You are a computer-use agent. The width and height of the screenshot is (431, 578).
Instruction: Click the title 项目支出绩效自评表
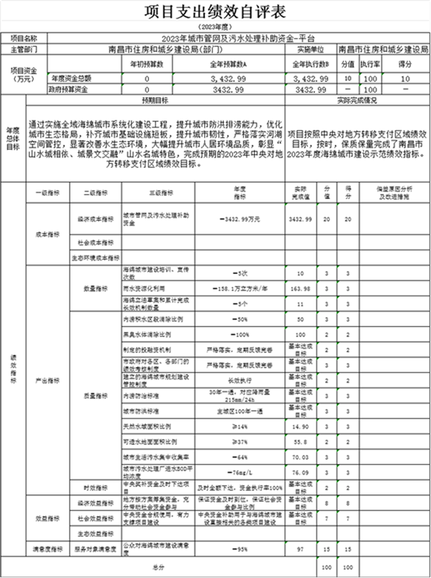pyautogui.click(x=215, y=12)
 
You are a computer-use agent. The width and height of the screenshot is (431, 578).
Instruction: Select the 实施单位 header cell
pyautogui.click(x=310, y=48)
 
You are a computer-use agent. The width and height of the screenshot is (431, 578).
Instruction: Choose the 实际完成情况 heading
pyautogui.click(x=357, y=100)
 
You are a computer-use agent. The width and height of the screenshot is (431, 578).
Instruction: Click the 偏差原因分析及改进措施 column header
pyautogui.click(x=394, y=192)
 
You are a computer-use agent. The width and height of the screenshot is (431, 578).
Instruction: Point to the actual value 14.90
pyautogui.click(x=301, y=426)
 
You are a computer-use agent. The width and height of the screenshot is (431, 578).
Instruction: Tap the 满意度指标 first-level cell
pyautogui.click(x=47, y=549)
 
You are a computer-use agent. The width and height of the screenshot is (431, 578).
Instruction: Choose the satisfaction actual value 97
pyautogui.click(x=301, y=549)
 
